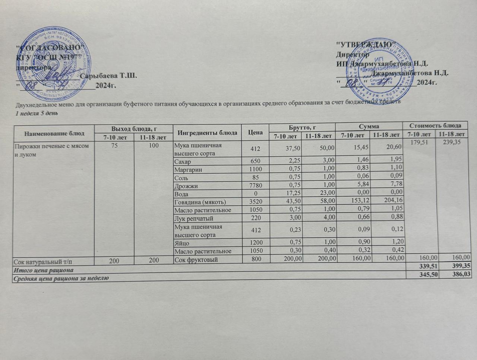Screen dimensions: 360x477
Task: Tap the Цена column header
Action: (x=256, y=133)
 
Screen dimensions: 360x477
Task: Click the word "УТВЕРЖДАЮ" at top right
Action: (x=366, y=45)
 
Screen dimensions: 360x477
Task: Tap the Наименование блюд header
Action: (x=54, y=133)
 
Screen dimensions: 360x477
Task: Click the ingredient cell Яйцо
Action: (x=182, y=243)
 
